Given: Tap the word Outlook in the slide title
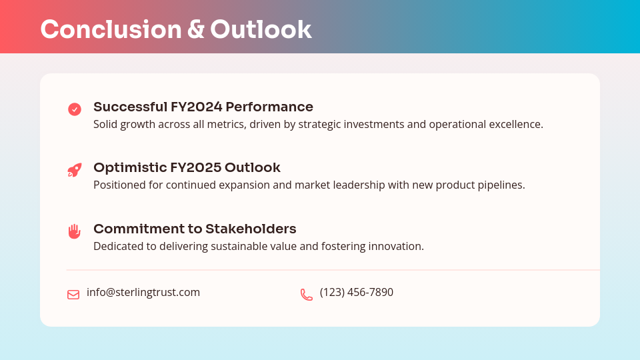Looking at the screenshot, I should pos(261,29).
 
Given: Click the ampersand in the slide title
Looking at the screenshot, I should pos(196,29).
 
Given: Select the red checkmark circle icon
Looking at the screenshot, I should pos(75,109).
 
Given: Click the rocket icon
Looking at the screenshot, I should pos(75,170).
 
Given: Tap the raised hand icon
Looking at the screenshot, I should pos(75,231).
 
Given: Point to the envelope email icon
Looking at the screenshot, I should pos(73,294).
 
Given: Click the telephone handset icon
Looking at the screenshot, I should pos(307,294).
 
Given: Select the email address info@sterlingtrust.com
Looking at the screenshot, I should pos(143,292).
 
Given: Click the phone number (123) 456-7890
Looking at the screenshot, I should pos(357,292).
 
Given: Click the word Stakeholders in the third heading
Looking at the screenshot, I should pos(251,229).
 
